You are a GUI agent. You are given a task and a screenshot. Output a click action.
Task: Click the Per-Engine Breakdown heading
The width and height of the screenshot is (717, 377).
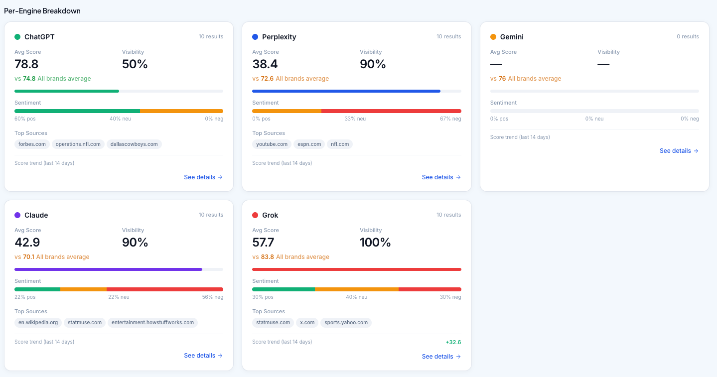click(42, 11)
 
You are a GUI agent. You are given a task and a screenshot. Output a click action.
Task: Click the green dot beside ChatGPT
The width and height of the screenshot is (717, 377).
click(17, 37)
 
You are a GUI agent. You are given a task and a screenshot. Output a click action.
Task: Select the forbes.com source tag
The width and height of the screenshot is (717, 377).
click(32, 144)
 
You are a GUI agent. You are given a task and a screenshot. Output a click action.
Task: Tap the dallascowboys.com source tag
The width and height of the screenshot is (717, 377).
click(134, 144)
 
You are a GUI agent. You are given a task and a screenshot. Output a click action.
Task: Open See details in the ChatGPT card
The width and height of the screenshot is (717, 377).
click(203, 177)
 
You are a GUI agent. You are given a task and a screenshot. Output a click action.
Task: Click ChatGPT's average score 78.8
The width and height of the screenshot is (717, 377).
click(26, 64)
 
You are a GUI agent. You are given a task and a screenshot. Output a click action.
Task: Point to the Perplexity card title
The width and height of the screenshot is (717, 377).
click(279, 37)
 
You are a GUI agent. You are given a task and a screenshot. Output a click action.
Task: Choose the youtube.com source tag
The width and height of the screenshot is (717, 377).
click(272, 144)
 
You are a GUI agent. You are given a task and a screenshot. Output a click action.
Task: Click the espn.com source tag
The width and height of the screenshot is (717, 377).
click(309, 144)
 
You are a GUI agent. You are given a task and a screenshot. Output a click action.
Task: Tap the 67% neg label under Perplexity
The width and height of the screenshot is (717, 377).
click(450, 119)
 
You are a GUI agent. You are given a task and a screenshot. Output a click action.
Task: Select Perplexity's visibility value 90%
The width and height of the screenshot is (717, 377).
click(373, 64)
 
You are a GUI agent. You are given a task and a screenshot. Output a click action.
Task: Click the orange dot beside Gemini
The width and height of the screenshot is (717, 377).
click(493, 37)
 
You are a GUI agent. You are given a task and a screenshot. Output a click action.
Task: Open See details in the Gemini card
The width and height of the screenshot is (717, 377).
click(679, 151)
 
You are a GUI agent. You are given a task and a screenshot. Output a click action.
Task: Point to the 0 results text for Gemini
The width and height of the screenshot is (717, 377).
click(688, 37)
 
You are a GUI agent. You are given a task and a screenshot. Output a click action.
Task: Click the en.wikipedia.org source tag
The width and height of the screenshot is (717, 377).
click(38, 323)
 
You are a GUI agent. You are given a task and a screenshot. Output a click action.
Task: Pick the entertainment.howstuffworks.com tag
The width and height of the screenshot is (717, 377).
click(152, 323)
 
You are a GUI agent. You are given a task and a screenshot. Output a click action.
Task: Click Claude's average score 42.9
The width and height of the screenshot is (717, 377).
click(27, 243)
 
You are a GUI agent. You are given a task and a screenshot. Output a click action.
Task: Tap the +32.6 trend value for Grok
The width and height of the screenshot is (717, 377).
click(453, 343)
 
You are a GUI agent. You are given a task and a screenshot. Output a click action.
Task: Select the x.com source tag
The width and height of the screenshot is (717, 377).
click(307, 323)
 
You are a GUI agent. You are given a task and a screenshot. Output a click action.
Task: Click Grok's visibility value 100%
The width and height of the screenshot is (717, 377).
click(375, 243)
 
